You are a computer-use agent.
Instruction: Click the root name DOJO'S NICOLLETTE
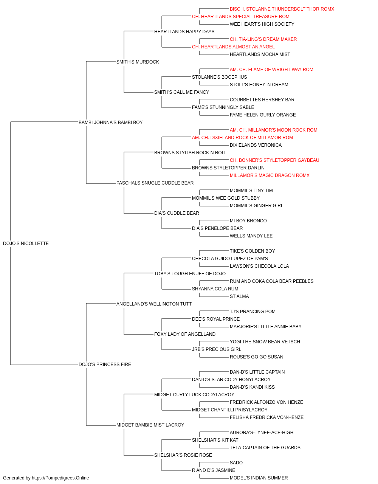pos(26,244)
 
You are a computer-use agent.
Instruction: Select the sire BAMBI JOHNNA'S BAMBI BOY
pos(111,123)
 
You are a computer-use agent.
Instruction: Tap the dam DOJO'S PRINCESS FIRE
pos(105,365)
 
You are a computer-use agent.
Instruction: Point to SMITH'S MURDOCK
pos(138,62)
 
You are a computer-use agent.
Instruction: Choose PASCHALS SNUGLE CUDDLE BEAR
pos(155,183)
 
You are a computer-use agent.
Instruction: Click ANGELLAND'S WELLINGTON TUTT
pos(154,304)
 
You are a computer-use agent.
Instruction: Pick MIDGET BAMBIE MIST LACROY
pos(150,425)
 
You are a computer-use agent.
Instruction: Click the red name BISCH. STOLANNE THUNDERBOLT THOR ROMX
pos(282,9)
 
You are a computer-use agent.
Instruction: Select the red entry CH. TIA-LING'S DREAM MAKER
pos(263,39)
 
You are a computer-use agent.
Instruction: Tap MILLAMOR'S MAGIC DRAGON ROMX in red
pos(270,175)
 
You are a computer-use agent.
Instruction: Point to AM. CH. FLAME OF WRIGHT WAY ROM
pos(271,70)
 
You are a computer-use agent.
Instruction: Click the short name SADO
pos(236,463)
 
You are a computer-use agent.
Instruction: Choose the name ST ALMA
pos(239,296)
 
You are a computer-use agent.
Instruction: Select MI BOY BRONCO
pos(248,221)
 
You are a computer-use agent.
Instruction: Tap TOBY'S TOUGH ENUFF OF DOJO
pos(190,274)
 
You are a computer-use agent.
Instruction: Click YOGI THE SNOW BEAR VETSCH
pos(265,342)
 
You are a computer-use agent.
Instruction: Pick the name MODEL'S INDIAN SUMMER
pos(259,478)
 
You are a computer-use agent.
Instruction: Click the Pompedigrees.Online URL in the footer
pos(60,478)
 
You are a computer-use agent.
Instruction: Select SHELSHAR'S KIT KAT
pos(215,440)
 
